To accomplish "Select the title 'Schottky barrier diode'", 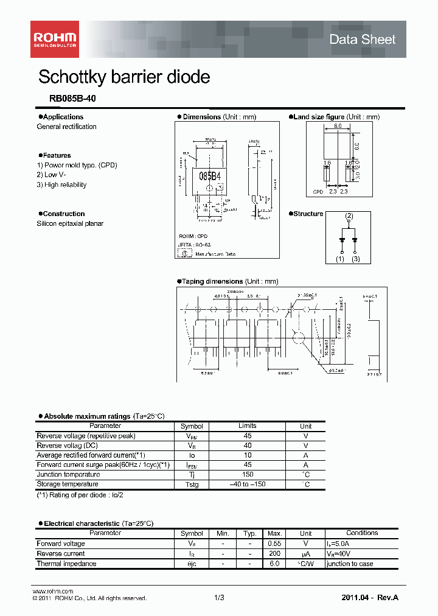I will click(x=124, y=77).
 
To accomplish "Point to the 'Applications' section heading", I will click(x=63, y=117).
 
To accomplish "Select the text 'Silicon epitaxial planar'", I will click(x=70, y=223).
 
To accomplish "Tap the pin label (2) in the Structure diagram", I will click(x=349, y=216).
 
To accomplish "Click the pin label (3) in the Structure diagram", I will click(x=356, y=259).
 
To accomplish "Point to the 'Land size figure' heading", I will click(x=319, y=117).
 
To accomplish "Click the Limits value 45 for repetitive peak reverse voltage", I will click(x=248, y=436).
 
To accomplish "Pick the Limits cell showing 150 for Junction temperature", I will click(x=248, y=475).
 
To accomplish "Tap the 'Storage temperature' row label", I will click(x=68, y=485).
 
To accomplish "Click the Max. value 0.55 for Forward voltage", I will click(x=274, y=544).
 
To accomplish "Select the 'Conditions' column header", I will click(x=362, y=533).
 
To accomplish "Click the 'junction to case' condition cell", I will click(x=350, y=564).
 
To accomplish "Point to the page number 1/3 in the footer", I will click(x=219, y=598).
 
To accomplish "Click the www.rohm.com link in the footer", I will click(x=52, y=591).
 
